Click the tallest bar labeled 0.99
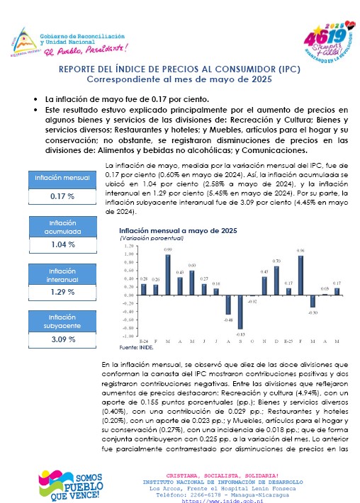[168, 275]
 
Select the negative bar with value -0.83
[240, 312]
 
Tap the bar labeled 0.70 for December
[276, 281]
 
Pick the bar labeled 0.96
[300, 276]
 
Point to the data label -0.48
[228, 320]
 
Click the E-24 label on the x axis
[143, 341]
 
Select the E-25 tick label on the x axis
[288, 341]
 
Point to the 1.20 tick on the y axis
[129, 246]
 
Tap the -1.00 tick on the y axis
[128, 337]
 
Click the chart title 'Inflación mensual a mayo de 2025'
[178, 231]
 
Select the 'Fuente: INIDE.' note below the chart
[136, 347]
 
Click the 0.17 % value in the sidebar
[62, 196]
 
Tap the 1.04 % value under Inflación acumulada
[63, 244]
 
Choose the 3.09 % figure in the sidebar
[63, 339]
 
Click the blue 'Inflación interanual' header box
[62, 275]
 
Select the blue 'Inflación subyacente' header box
[62, 321]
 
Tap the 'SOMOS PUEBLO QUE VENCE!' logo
[71, 485]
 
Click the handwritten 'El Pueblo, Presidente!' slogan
[86, 50]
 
